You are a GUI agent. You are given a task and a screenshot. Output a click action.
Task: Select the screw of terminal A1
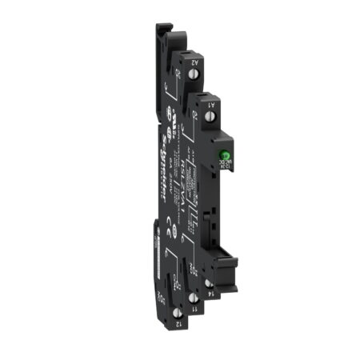pos(210,118)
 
